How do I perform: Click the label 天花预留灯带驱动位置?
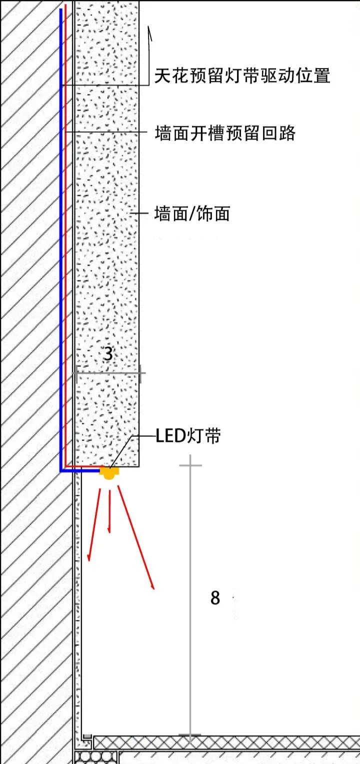[x=242, y=76]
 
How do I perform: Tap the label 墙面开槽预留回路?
[x=225, y=133]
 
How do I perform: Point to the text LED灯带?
[x=188, y=436]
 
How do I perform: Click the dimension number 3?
[x=108, y=354]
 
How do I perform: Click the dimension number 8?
[x=215, y=597]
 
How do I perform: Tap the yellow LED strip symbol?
[x=109, y=472]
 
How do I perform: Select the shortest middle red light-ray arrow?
[x=109, y=510]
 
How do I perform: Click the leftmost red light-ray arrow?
[x=94, y=525]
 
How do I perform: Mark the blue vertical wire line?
[x=61, y=250]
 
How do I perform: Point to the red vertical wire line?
[x=66, y=250]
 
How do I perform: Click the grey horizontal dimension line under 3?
[x=110, y=373]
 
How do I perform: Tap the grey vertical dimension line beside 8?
[x=190, y=600]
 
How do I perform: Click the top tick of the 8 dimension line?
[x=190, y=465]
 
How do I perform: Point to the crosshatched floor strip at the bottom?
[x=225, y=742]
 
